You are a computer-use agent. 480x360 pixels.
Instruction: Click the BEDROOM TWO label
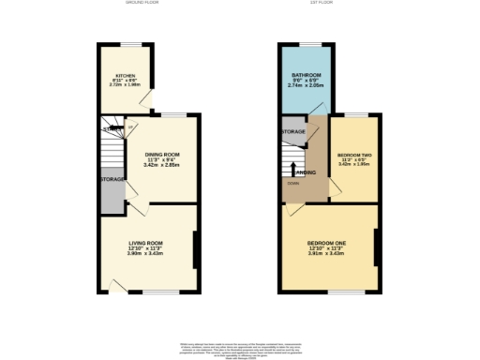point(353,155)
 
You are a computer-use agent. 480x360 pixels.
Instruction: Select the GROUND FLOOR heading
point(142,4)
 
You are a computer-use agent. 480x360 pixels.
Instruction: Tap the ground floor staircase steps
point(112,150)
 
